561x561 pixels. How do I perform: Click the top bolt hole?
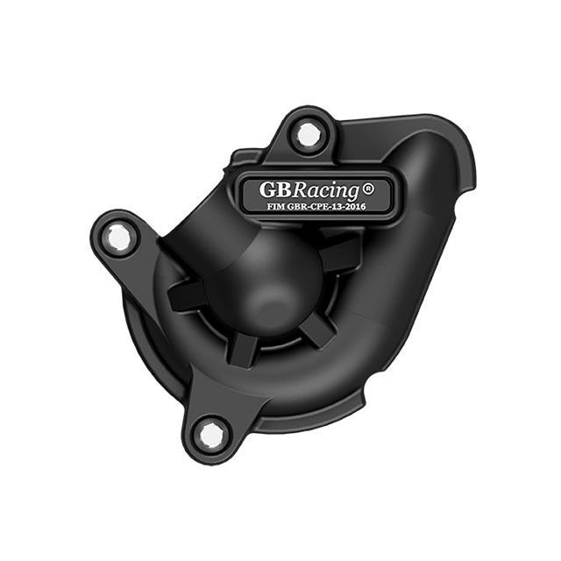309,134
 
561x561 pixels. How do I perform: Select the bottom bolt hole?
210,435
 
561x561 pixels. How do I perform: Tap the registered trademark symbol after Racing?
368,188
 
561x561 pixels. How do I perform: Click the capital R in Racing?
302,189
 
